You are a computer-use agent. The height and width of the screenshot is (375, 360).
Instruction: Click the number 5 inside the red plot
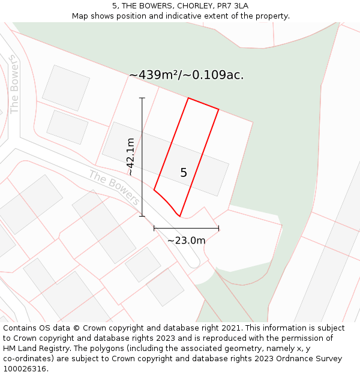[x=184, y=173]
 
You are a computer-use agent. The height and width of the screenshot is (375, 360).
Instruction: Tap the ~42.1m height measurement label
[x=130, y=157]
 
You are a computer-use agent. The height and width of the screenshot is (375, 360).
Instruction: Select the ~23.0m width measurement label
[x=186, y=241]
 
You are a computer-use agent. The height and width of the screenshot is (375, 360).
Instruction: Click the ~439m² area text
[x=154, y=75]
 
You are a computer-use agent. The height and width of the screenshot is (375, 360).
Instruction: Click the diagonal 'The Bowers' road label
[x=114, y=187]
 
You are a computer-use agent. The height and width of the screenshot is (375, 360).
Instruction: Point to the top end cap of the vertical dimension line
[x=142, y=98]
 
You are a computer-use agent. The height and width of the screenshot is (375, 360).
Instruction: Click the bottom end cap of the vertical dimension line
[x=142, y=216]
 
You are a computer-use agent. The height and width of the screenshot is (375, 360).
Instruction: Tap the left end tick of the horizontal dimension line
[x=154, y=228]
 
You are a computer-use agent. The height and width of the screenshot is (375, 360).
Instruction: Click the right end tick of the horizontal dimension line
[x=218, y=228]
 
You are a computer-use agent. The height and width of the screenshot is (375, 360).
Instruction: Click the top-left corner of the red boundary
[x=188, y=98]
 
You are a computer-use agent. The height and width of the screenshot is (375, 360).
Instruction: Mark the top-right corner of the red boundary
[x=218, y=109]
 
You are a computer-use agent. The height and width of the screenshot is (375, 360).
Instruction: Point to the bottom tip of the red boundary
[x=180, y=216]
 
